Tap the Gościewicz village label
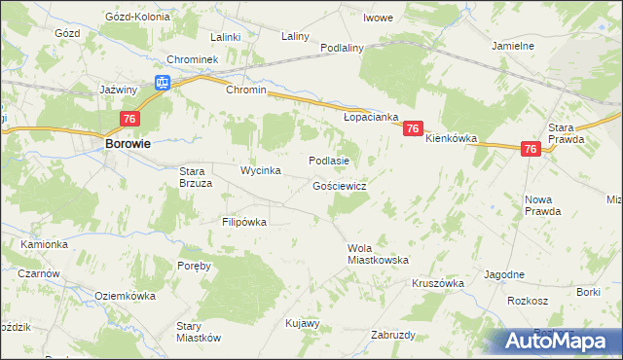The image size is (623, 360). tap(339, 185)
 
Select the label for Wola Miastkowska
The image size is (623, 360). tap(378, 254)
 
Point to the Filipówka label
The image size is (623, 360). tap(243, 222)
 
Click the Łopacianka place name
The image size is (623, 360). tap(371, 116)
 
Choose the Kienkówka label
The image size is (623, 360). tap(451, 139)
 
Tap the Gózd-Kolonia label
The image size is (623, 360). tap(136, 18)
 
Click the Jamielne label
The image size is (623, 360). tap(514, 46)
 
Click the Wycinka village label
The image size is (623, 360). tap(261, 170)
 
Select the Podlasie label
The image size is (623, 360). tap(328, 161)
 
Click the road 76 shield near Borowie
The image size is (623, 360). tap(129, 119)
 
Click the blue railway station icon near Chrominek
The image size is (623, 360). tap(164, 84)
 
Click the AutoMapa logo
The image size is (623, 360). tap(556, 342)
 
